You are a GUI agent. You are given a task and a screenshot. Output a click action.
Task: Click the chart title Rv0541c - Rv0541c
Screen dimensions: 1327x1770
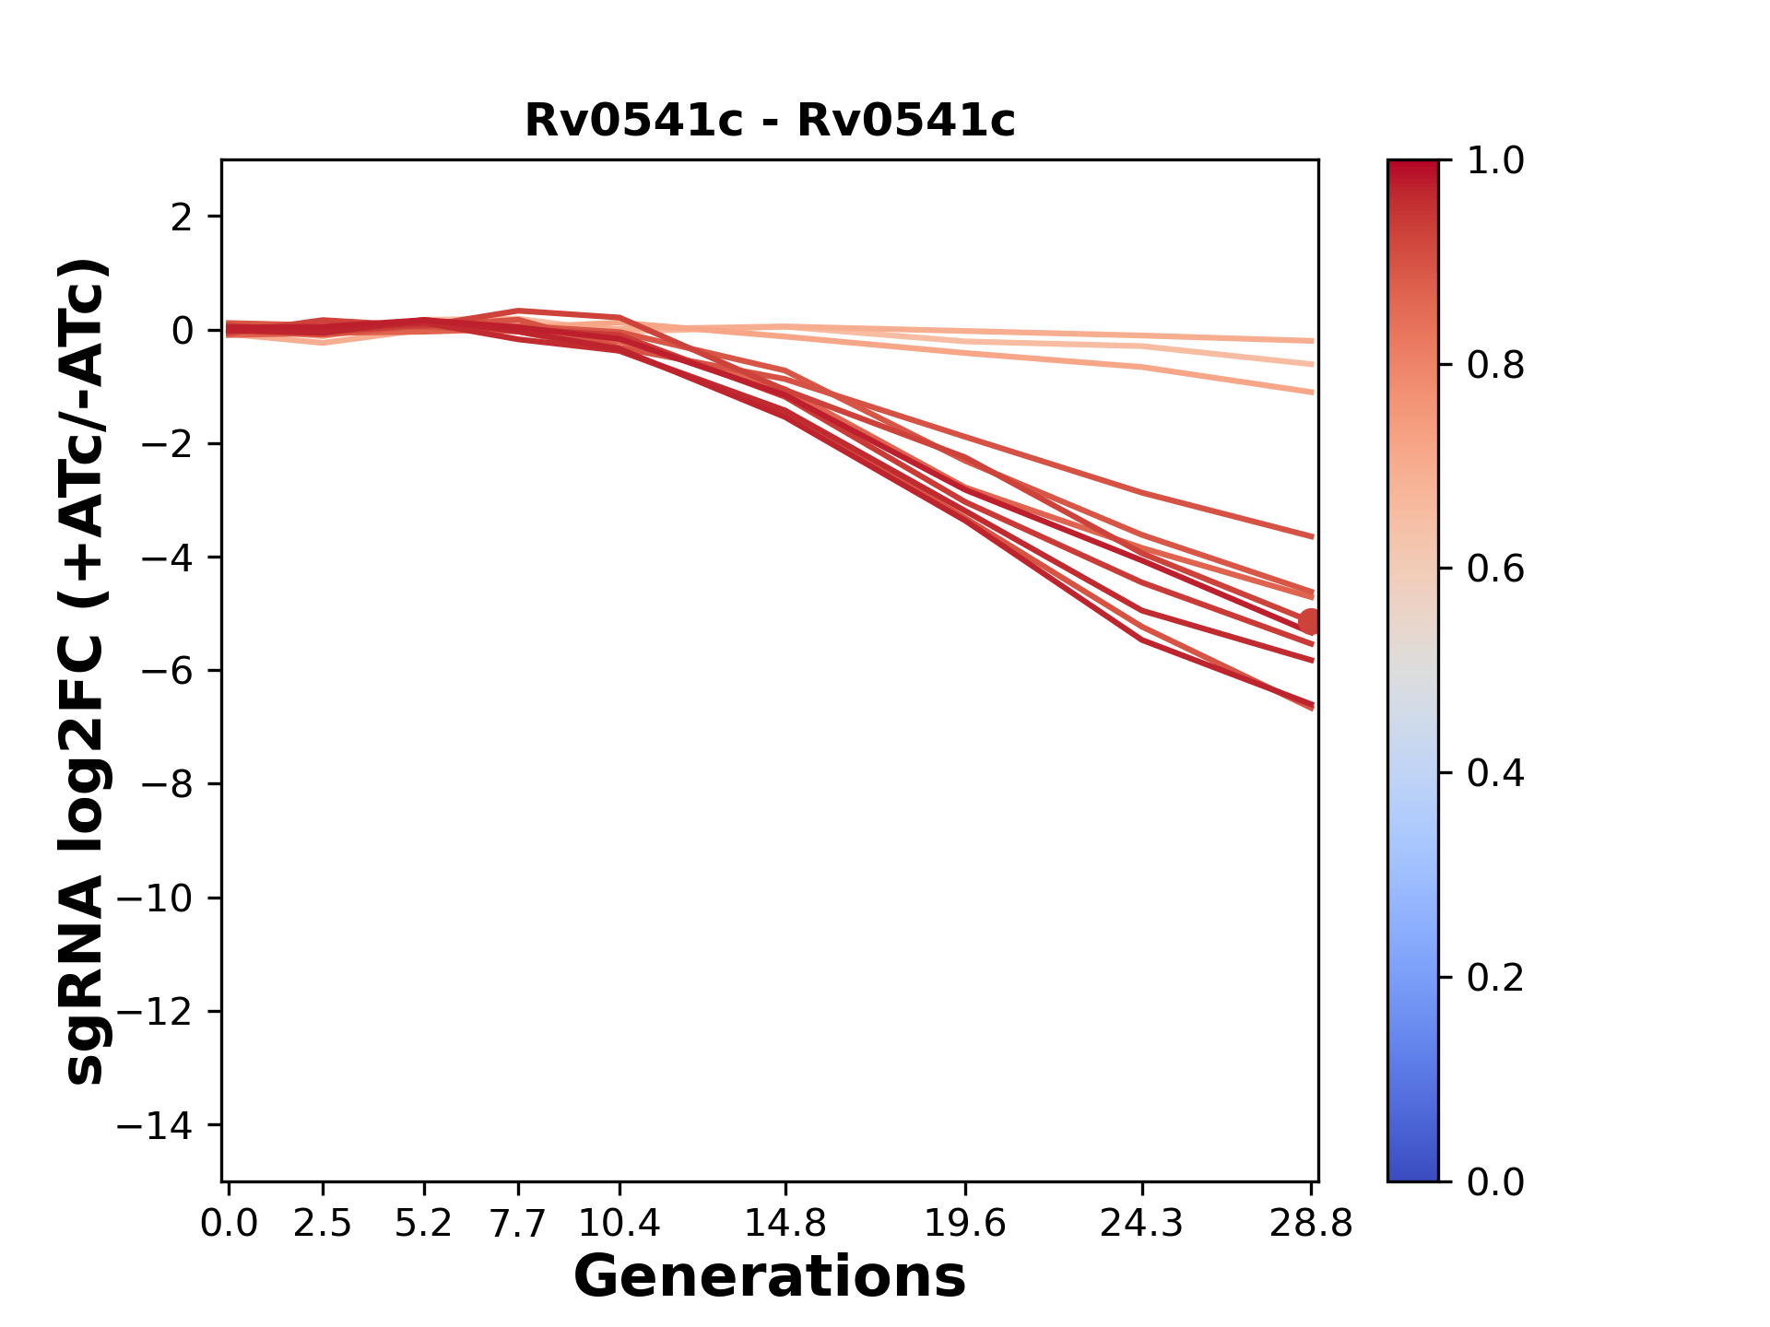coord(770,121)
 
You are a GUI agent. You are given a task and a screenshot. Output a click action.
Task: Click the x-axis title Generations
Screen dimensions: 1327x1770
coord(770,1277)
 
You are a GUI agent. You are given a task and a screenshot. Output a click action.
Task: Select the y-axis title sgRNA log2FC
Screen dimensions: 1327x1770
coord(85,671)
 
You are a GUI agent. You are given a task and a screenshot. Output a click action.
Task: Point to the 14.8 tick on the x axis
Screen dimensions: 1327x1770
coord(785,1223)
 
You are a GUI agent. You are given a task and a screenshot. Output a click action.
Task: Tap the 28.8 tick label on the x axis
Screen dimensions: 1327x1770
coord(1311,1223)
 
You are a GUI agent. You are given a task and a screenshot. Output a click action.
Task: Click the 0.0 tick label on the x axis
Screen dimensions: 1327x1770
coord(229,1223)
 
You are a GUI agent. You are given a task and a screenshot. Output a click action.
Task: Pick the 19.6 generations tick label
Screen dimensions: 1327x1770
coord(965,1223)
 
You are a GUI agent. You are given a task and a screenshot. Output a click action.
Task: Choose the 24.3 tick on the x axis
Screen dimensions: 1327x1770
coord(1142,1223)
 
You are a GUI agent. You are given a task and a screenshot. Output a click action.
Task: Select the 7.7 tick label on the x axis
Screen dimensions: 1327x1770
coord(518,1223)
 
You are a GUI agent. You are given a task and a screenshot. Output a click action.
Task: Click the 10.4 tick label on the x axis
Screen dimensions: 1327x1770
coord(619,1223)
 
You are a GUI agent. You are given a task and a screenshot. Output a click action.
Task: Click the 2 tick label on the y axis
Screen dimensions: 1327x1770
coord(182,217)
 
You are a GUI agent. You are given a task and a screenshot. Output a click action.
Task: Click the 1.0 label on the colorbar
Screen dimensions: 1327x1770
coord(1495,161)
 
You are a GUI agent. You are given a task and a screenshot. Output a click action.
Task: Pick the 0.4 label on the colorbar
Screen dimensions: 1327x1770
coord(1495,773)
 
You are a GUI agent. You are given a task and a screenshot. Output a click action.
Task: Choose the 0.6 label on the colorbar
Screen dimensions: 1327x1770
coord(1495,570)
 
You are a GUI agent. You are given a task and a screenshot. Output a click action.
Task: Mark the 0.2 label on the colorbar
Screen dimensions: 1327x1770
coord(1495,978)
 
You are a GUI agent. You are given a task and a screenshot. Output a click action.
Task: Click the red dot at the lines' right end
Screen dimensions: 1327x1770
coord(1309,622)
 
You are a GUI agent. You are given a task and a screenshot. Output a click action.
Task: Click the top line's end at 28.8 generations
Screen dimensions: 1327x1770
coord(1311,341)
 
